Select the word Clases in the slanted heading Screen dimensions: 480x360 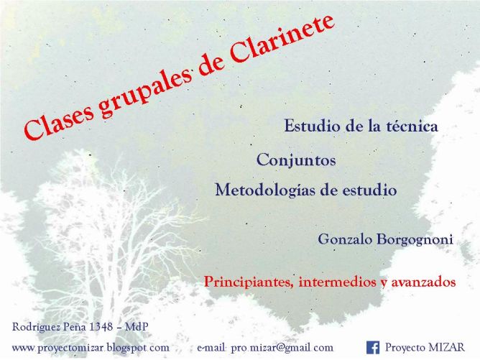point(59,120)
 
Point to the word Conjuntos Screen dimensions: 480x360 point(296,160)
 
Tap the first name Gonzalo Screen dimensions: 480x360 point(346,239)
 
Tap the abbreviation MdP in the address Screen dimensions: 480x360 point(137,327)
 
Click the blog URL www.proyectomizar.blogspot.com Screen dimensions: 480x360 point(91,348)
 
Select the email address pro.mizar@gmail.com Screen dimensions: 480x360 point(282,348)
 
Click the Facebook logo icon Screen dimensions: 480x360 point(373,348)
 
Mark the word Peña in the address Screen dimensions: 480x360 point(75,327)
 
